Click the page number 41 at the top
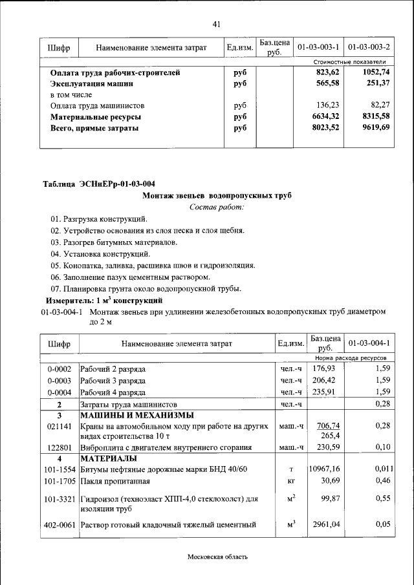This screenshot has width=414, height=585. (217, 25)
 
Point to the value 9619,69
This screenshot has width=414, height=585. (376, 128)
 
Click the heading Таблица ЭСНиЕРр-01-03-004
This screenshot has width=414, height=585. (98, 184)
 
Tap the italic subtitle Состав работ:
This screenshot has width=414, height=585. (217, 207)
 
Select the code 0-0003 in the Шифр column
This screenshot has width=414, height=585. (59, 380)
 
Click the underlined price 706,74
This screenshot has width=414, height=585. (326, 426)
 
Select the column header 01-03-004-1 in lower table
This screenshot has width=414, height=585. (368, 343)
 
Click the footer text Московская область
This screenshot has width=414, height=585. (217, 557)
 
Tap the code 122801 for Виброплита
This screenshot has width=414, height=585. (59, 447)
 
